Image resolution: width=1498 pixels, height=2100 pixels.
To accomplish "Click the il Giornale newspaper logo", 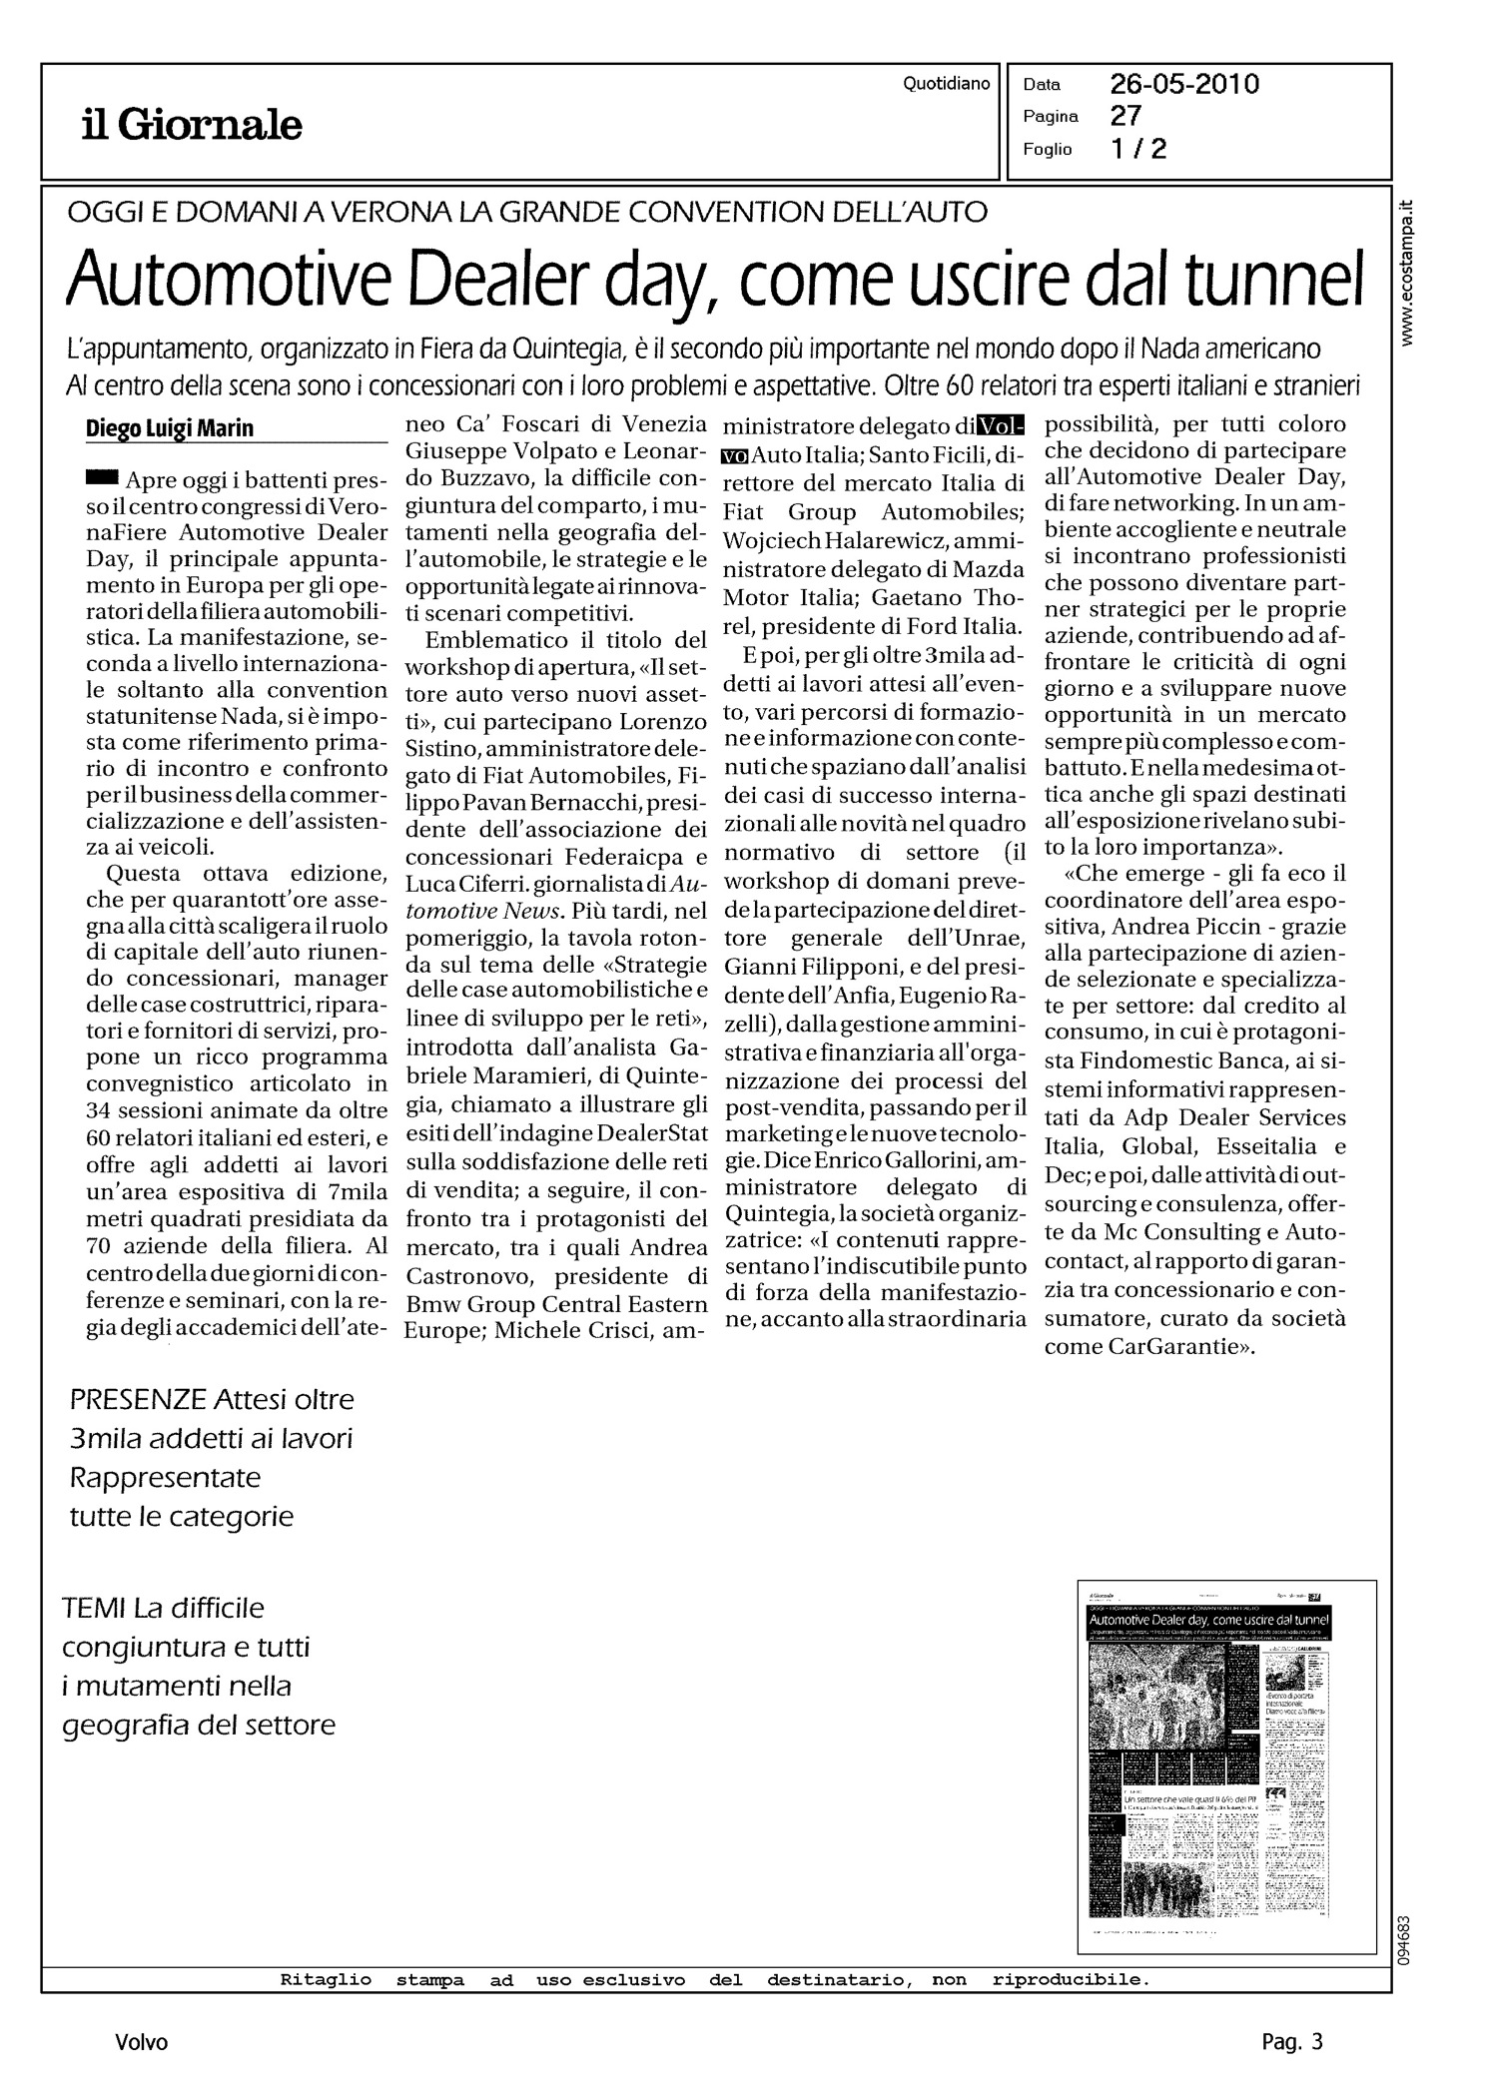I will pos(192,126).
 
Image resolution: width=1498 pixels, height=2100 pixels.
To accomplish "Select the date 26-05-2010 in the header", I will pos(1184,84).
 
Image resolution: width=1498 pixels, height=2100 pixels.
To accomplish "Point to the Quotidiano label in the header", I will pos(946,84).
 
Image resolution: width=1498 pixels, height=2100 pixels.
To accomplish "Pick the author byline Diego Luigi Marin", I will pos(170,428).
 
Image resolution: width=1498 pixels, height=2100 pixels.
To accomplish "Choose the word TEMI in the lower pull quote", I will pos(94,1608).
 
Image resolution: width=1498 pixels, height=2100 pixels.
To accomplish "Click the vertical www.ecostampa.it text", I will pos(1408,274).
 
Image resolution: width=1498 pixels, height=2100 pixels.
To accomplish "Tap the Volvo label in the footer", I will pos(141,2042).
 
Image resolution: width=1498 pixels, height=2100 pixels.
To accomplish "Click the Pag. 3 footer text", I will pos(1291,2042).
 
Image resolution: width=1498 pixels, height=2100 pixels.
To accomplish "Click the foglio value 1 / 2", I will pos(1138,150).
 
